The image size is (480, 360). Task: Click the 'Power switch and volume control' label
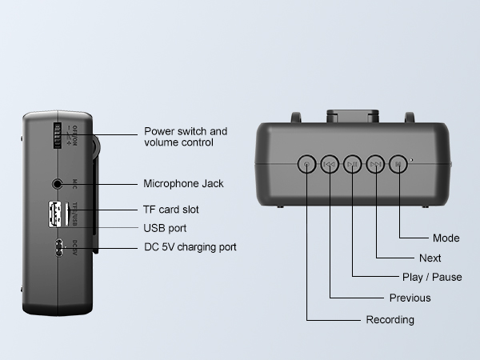tap(185, 137)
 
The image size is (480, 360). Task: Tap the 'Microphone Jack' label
tap(183, 183)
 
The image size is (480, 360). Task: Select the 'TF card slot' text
tap(171, 210)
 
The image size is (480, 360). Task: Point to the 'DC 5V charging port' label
tap(190, 247)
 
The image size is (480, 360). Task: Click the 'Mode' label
tap(446, 238)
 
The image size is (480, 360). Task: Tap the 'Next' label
tap(430, 258)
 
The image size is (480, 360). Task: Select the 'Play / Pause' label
tap(431, 278)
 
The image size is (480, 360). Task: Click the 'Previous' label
tap(410, 298)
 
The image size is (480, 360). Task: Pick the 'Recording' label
tap(390, 320)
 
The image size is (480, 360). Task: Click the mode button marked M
tap(398, 165)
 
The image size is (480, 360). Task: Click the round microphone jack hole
tap(58, 184)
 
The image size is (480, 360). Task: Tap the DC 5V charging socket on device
tap(58, 248)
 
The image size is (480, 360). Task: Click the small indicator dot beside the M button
tap(412, 160)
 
